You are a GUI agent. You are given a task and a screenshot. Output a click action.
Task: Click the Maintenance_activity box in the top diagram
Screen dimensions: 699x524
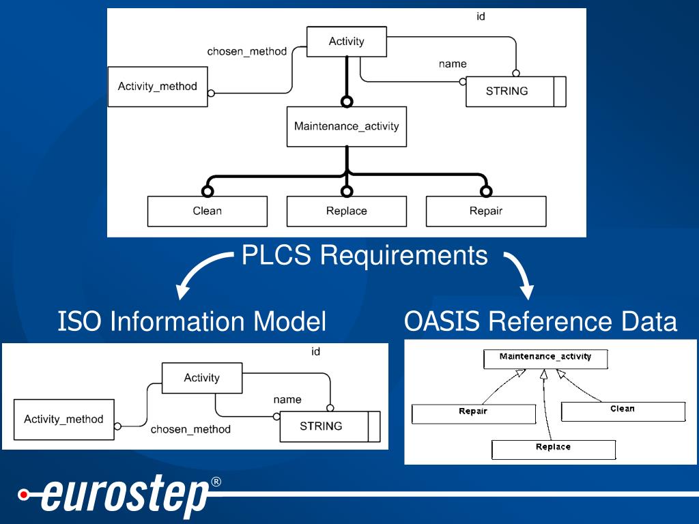pos(346,126)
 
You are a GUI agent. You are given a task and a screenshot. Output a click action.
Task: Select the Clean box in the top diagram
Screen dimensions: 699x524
pos(208,212)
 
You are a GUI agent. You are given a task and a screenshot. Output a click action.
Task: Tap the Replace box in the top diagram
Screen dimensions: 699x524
pos(346,212)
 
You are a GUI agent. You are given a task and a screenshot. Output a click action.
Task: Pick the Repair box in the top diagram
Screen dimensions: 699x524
pos(486,212)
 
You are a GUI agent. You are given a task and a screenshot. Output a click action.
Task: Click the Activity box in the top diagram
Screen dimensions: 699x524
pos(346,42)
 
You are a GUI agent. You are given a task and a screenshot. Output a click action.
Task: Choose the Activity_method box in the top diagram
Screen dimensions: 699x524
pos(158,87)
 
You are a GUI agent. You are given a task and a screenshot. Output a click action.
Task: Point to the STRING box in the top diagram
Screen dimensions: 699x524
pos(516,91)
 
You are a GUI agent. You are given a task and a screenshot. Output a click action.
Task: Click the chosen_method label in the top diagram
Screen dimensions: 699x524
pos(246,52)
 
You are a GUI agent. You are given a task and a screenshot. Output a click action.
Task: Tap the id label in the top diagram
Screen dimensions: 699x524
pos(481,16)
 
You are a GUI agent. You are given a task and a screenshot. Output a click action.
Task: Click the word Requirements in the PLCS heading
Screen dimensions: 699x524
pos(404,256)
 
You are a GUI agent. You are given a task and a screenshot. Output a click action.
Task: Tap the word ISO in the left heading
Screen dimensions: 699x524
pos(81,321)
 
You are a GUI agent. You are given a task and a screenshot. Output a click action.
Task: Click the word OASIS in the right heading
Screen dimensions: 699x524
pos(442,321)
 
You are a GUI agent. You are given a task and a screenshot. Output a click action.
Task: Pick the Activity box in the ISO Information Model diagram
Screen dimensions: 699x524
pos(202,378)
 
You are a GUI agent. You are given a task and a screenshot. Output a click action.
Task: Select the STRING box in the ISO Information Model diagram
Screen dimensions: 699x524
pos(330,426)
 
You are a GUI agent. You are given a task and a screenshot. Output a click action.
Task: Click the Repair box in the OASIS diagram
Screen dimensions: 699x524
pos(474,414)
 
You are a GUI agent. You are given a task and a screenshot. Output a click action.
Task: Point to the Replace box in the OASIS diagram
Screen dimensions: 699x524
pos(553,450)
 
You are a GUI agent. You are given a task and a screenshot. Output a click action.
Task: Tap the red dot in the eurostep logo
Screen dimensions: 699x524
pos(24,495)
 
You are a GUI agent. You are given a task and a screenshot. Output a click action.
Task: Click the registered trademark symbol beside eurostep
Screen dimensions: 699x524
pos(216,482)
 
